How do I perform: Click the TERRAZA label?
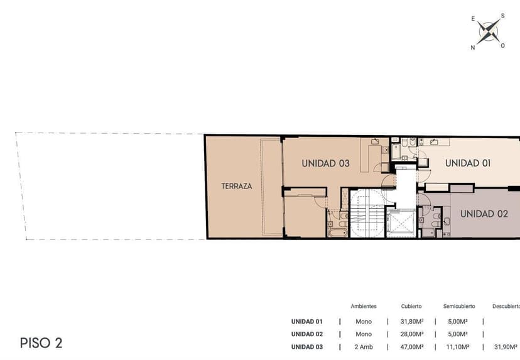click(x=237, y=186)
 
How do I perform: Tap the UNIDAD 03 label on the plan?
click(x=326, y=163)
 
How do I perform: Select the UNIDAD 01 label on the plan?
click(x=468, y=163)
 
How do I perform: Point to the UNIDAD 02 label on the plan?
click(x=484, y=214)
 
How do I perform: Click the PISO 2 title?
click(x=41, y=343)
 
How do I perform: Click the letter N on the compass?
click(x=472, y=48)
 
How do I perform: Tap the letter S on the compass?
click(x=503, y=16)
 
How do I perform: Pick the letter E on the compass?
click(x=473, y=19)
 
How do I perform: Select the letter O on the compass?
click(x=503, y=46)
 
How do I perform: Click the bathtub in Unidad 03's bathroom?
click(x=338, y=232)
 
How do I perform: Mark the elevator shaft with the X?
click(x=401, y=223)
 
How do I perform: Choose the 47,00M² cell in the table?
click(x=412, y=347)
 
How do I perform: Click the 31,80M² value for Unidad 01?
click(x=412, y=322)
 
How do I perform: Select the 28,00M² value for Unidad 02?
click(x=412, y=334)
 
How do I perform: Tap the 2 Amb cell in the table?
click(x=364, y=347)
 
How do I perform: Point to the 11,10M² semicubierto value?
click(x=458, y=347)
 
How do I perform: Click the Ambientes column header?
click(x=364, y=306)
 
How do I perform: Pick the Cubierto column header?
click(x=411, y=306)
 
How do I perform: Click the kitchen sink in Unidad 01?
click(x=434, y=143)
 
